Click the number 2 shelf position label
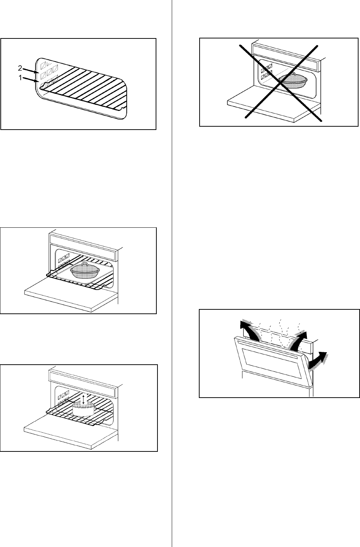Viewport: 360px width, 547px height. coord(20,68)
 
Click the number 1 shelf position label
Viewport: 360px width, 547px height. coord(20,78)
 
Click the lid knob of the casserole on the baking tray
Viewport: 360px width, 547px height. coord(85,264)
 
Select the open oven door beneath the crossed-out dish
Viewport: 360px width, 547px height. coord(273,106)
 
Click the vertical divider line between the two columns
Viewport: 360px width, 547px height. coord(172,275)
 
